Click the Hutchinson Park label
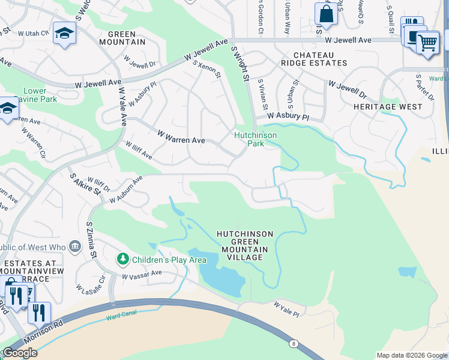point(255,139)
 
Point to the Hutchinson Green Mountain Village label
point(244,245)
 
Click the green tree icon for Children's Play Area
point(123,259)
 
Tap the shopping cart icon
point(427,42)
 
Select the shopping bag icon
point(326,13)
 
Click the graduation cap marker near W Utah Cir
point(64,32)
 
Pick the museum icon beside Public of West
point(74,247)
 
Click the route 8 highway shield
point(293,343)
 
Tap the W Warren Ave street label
point(181,137)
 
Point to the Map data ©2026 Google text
point(411,355)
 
